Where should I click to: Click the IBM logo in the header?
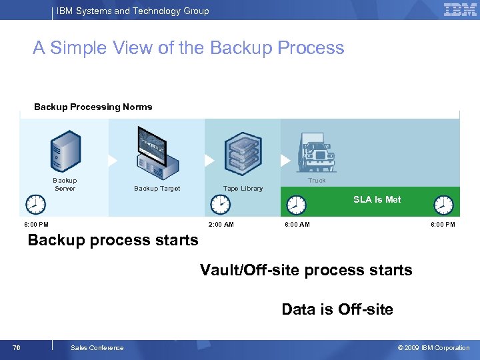[x=460, y=10]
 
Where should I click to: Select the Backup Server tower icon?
[x=65, y=152]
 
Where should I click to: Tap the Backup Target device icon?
[x=157, y=154]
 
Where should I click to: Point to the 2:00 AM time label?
[x=221, y=225]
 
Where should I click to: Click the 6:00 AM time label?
[x=297, y=225]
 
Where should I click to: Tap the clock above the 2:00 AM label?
[x=220, y=204]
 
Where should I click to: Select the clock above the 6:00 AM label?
[x=296, y=205]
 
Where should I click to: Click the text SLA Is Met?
[x=377, y=199]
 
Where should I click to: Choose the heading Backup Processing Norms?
[x=93, y=107]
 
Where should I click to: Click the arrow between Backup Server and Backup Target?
[x=112, y=161]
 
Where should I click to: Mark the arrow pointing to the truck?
[x=286, y=161]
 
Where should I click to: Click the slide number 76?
[x=17, y=347]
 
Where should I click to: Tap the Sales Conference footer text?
[x=97, y=347]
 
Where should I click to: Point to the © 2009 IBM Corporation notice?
[x=433, y=347]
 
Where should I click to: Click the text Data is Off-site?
[x=337, y=309]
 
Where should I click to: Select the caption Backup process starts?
[x=113, y=240]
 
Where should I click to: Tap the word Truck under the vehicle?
[x=317, y=181]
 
